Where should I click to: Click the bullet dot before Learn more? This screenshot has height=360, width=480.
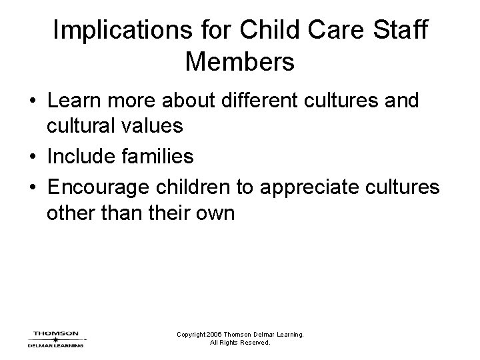tap(31, 101)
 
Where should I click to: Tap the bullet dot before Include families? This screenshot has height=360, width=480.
tap(31, 157)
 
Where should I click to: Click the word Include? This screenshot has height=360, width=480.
tap(78, 157)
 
